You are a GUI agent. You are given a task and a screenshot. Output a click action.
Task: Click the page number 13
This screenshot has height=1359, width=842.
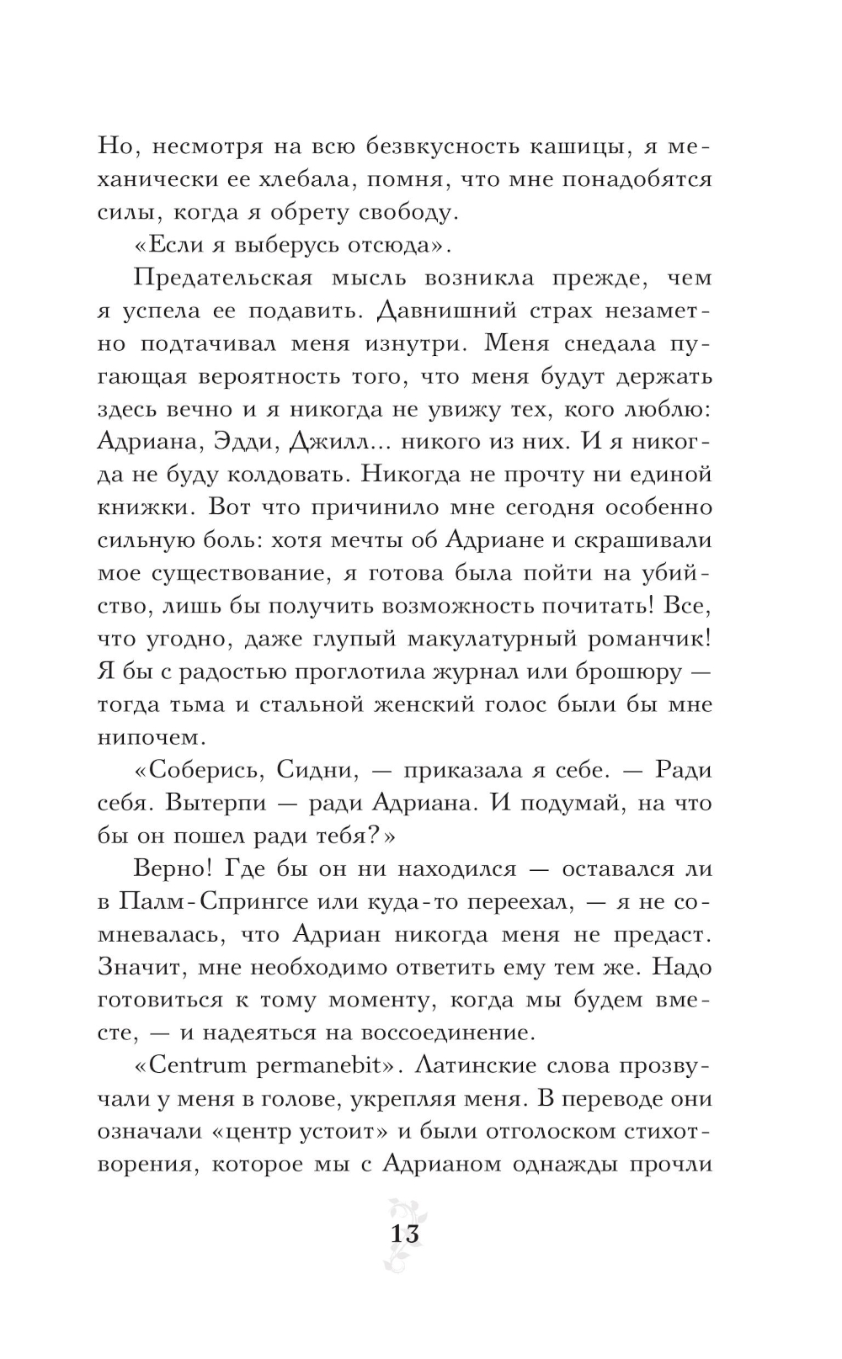404,1234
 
